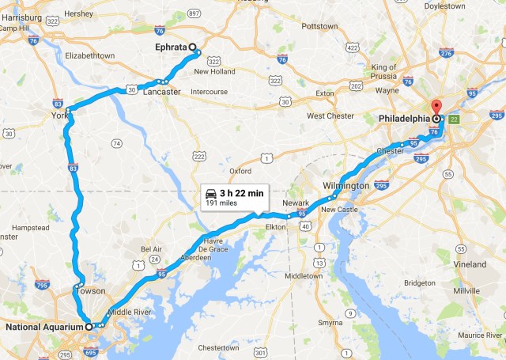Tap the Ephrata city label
point(171,47)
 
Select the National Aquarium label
point(43,326)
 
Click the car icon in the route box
point(211,193)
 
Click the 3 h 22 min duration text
point(242,193)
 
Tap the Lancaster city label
point(162,92)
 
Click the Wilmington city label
point(346,186)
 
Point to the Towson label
point(90,291)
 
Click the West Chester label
point(330,116)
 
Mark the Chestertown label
point(217,347)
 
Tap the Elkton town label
point(275,227)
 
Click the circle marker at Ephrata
point(192,47)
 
